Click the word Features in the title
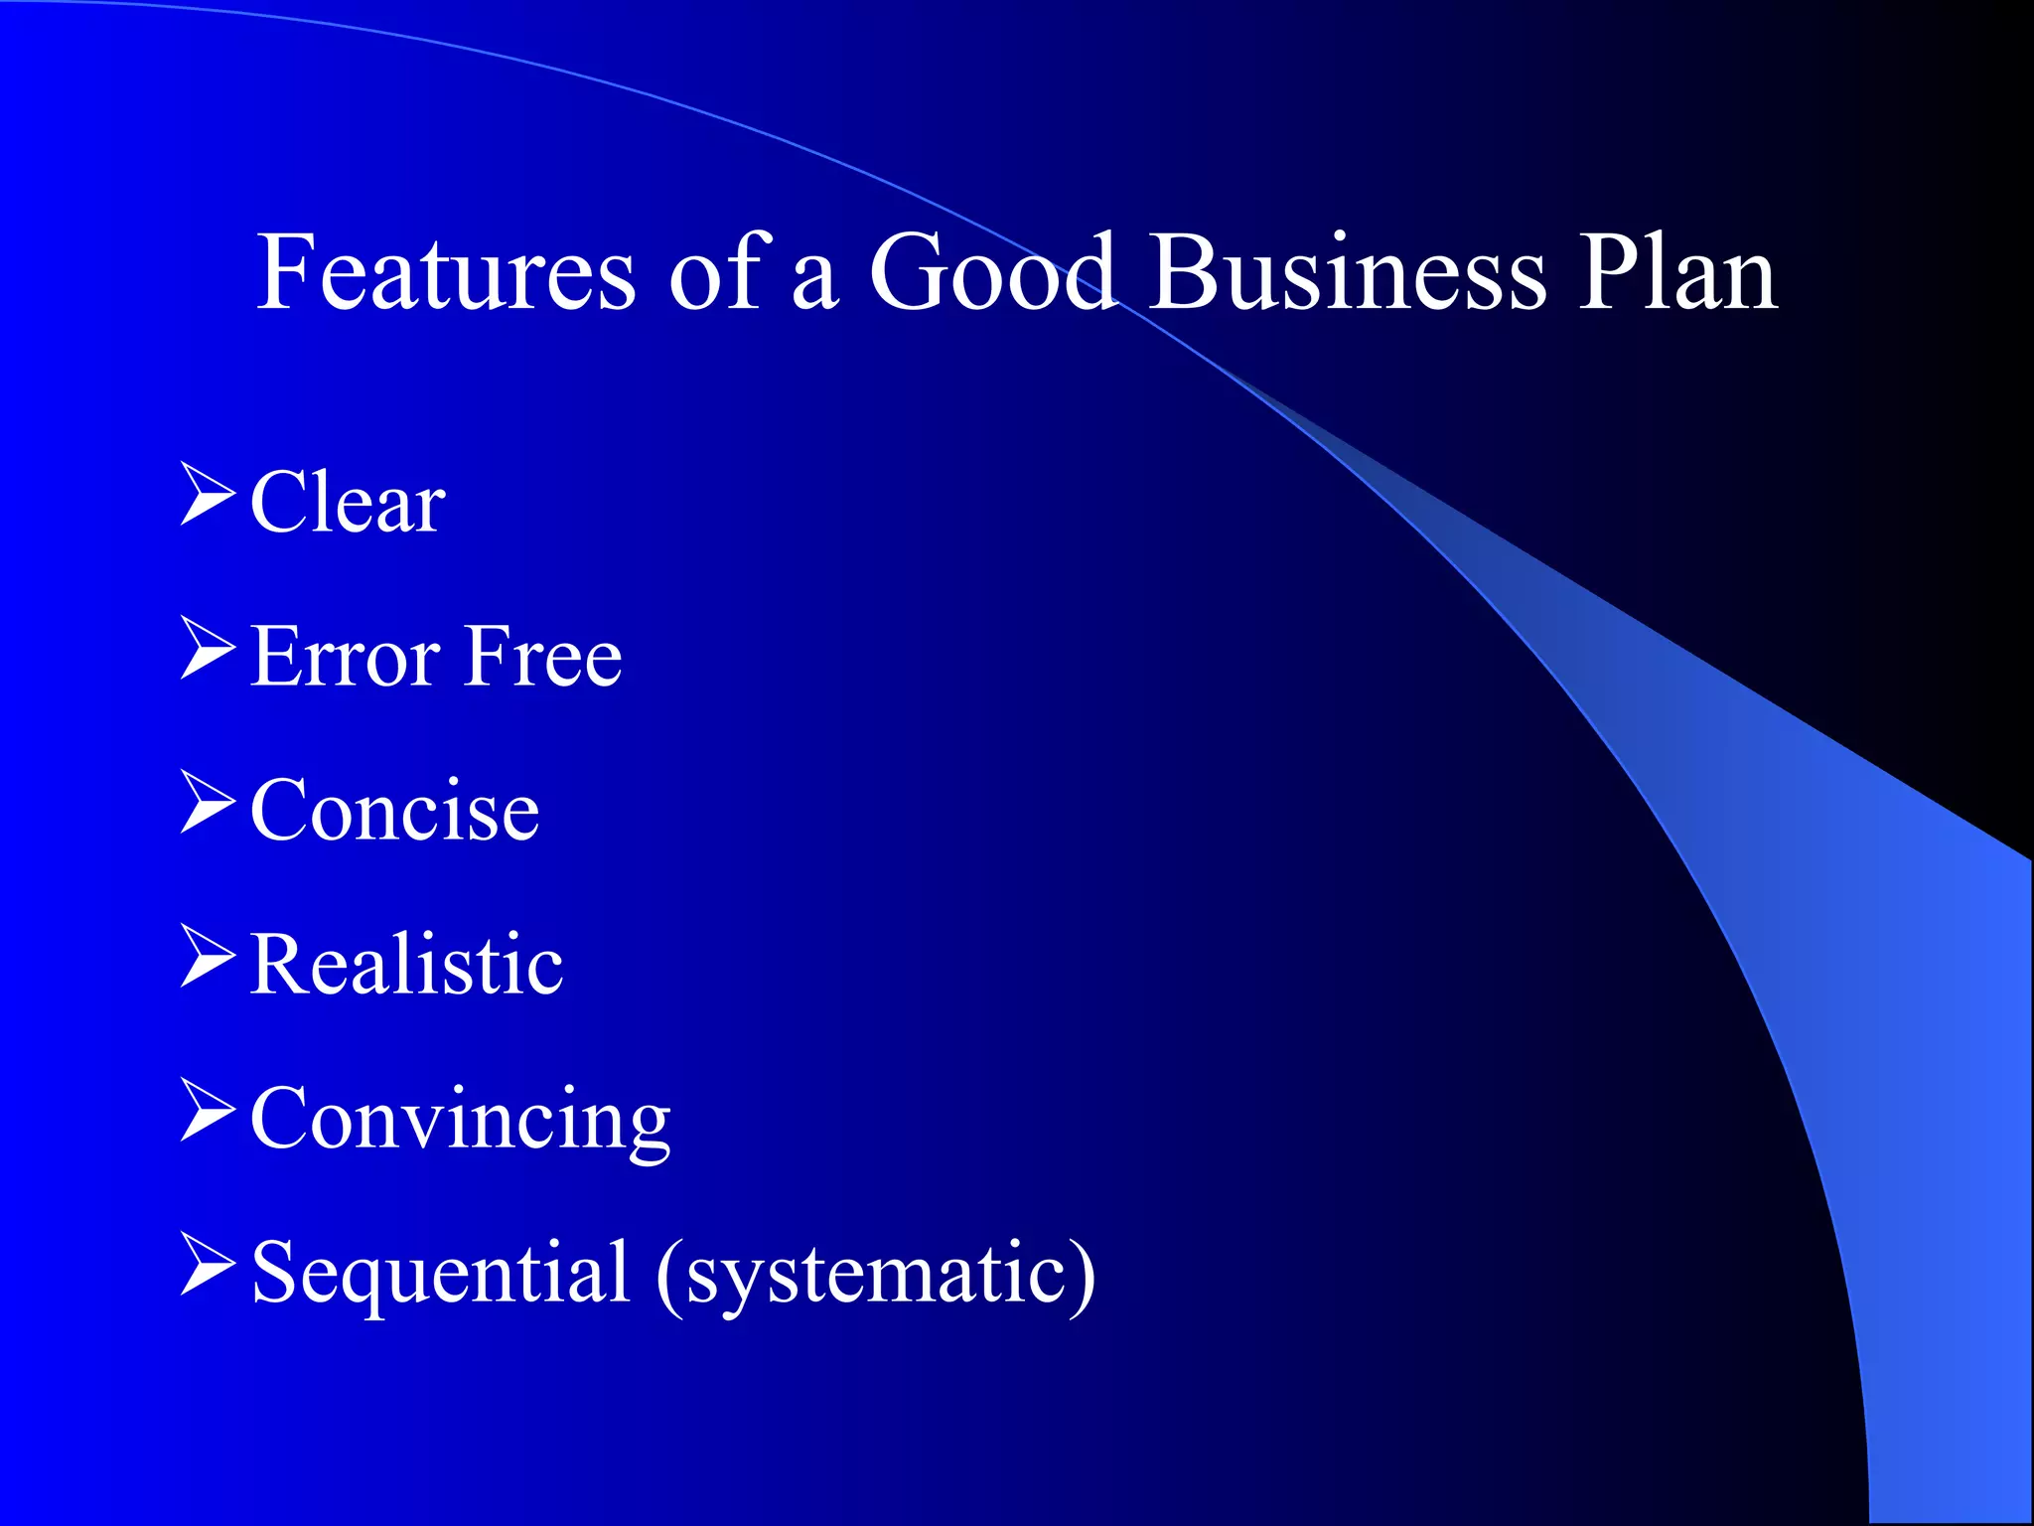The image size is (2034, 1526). point(445,272)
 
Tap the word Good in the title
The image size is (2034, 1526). point(992,272)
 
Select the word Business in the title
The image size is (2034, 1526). point(1348,272)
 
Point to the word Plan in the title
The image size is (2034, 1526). point(1677,272)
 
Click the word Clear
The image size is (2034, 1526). point(348,503)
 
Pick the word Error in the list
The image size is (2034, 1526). point(345,657)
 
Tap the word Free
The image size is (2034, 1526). point(544,657)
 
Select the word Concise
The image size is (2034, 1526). point(394,811)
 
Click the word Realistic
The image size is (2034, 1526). point(406,965)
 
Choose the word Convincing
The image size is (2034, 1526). point(460,1120)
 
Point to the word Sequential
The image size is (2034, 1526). point(440,1273)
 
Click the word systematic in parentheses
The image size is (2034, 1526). point(874,1275)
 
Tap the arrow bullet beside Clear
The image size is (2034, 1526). point(208,495)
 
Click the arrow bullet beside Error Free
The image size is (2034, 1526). point(208,649)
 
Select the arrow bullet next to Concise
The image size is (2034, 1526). point(208,803)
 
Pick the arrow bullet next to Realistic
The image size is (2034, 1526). point(208,957)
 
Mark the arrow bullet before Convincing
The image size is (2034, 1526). point(208,1111)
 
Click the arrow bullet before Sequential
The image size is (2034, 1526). point(208,1265)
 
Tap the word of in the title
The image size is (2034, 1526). point(714,272)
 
